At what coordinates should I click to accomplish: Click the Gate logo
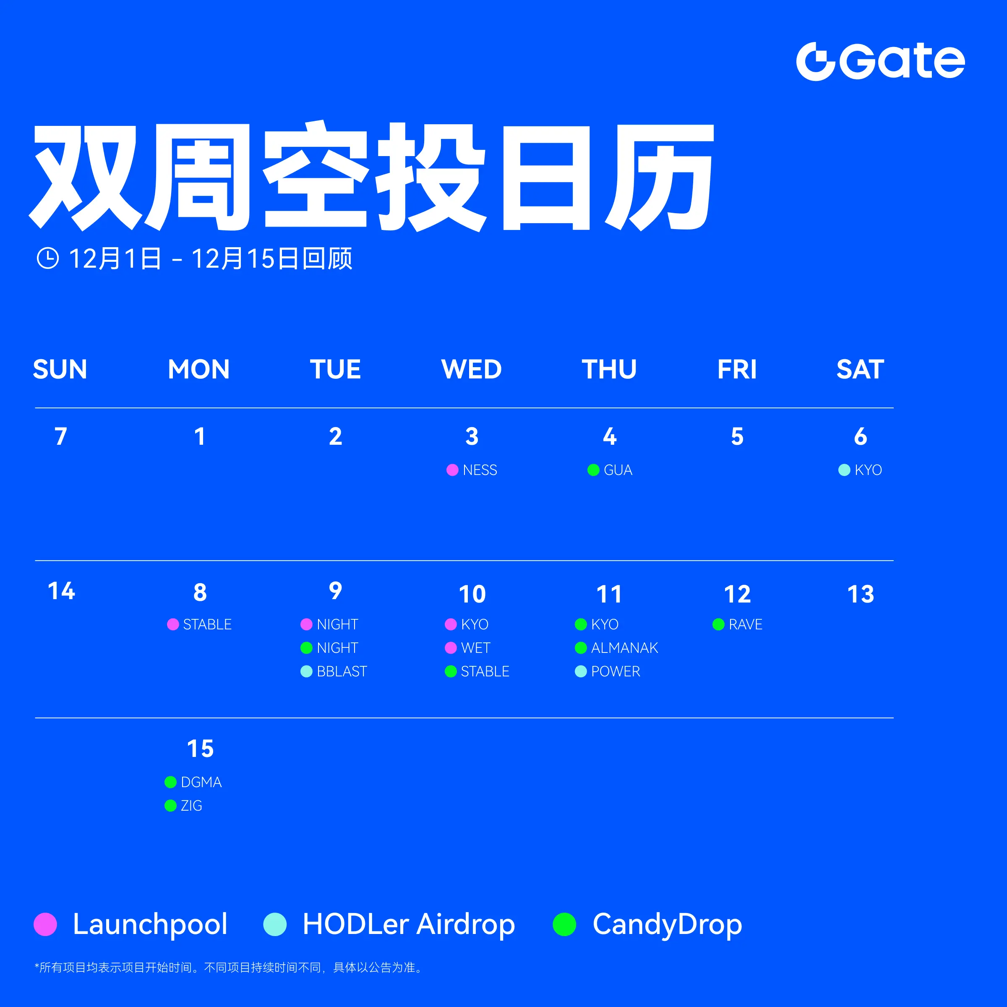(x=880, y=62)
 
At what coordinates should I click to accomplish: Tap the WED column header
(x=472, y=369)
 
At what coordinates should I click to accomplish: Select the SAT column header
(x=860, y=369)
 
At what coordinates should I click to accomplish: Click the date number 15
(x=200, y=749)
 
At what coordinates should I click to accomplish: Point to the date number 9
(x=336, y=591)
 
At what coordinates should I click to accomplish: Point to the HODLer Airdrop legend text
(x=409, y=924)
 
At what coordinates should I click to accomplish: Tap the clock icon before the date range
(x=48, y=258)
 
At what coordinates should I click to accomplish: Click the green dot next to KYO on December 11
(x=581, y=624)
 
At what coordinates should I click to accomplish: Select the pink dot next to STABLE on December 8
(x=173, y=624)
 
